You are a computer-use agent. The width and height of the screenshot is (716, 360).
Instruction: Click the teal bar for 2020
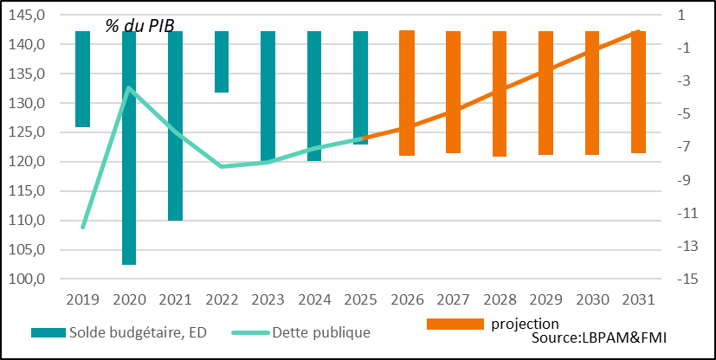point(129,147)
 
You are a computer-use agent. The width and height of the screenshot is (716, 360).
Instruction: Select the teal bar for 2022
point(222,61)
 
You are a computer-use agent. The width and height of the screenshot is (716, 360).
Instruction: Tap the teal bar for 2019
point(83,79)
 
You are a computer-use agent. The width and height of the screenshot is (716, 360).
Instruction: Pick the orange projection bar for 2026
point(407,93)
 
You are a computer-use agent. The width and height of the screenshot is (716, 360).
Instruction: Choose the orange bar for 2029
point(545,93)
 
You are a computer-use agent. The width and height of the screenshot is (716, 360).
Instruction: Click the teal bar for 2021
point(175,125)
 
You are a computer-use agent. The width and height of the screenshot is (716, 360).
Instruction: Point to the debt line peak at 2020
point(129,87)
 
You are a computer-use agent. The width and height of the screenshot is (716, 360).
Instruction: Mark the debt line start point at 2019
point(83,227)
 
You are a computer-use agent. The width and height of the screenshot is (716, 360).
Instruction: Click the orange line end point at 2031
point(638,31)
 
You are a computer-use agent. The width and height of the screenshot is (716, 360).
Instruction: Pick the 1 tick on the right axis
point(683,15)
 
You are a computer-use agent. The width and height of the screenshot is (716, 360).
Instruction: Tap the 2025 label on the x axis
point(360,299)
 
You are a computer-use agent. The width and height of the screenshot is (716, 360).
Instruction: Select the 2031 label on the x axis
point(638,299)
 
